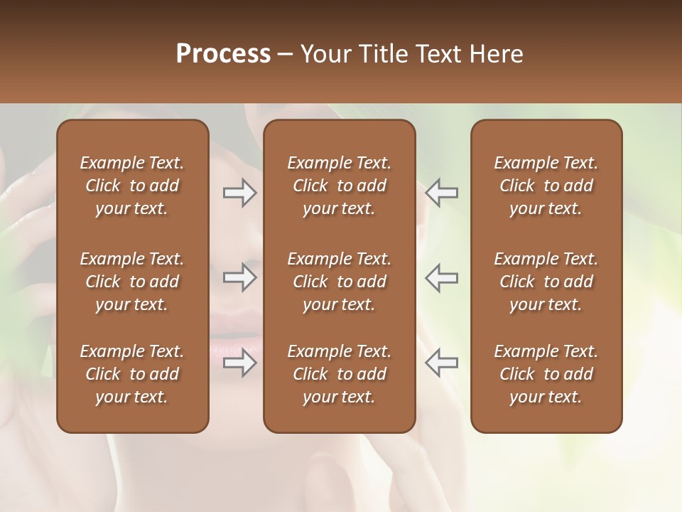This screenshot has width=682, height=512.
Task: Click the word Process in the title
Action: pyautogui.click(x=223, y=54)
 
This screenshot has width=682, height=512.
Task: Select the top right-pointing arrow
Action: pyautogui.click(x=240, y=193)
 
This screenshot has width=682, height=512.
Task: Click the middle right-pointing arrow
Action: pyautogui.click(x=240, y=277)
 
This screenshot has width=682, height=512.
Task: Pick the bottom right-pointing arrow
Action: pyautogui.click(x=240, y=363)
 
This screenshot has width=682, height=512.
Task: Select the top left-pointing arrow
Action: pyautogui.click(x=441, y=193)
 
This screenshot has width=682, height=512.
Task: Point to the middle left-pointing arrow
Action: pyautogui.click(x=441, y=277)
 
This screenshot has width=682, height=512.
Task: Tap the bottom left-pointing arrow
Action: pyautogui.click(x=441, y=363)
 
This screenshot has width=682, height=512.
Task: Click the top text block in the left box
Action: pyautogui.click(x=132, y=186)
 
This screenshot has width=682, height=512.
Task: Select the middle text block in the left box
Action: pyautogui.click(x=132, y=282)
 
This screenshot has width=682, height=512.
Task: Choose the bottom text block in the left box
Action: pyautogui.click(x=132, y=374)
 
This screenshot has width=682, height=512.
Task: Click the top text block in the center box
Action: pyautogui.click(x=339, y=186)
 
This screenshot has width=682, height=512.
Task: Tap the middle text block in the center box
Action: pyautogui.click(x=339, y=282)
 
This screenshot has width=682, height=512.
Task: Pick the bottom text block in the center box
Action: pyautogui.click(x=339, y=374)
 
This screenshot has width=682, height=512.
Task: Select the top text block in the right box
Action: pyautogui.click(x=546, y=186)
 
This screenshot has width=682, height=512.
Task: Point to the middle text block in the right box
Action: pyautogui.click(x=546, y=282)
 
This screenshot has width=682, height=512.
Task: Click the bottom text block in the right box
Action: pyautogui.click(x=546, y=374)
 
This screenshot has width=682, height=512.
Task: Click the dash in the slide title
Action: pyautogui.click(x=286, y=55)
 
